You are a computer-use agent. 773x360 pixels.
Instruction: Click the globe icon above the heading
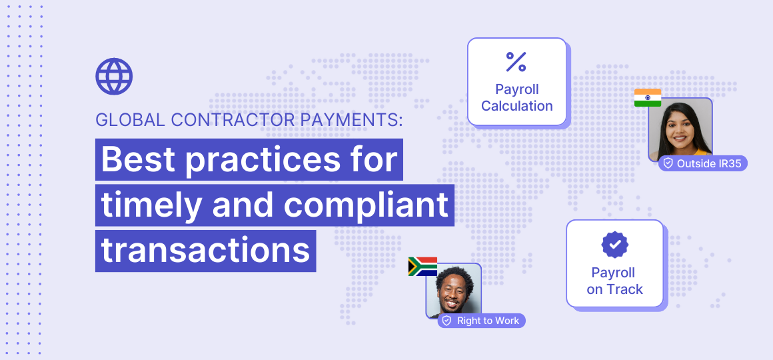point(114,77)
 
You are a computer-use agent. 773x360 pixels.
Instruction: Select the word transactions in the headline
point(206,249)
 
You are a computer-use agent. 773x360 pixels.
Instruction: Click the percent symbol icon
point(516,61)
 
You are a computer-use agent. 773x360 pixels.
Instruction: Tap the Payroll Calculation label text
point(517,97)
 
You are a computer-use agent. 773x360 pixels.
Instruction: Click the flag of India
point(647,98)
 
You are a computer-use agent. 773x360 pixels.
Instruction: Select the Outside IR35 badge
point(702,163)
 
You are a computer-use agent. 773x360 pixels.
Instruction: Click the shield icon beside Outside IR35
point(668,163)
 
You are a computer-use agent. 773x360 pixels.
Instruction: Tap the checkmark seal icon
point(614,245)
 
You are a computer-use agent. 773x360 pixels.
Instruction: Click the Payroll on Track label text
point(614,281)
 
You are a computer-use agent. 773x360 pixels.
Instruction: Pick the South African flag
point(422,267)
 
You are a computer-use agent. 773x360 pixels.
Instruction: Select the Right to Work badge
point(482,321)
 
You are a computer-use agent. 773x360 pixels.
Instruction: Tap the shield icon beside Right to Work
point(447,321)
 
